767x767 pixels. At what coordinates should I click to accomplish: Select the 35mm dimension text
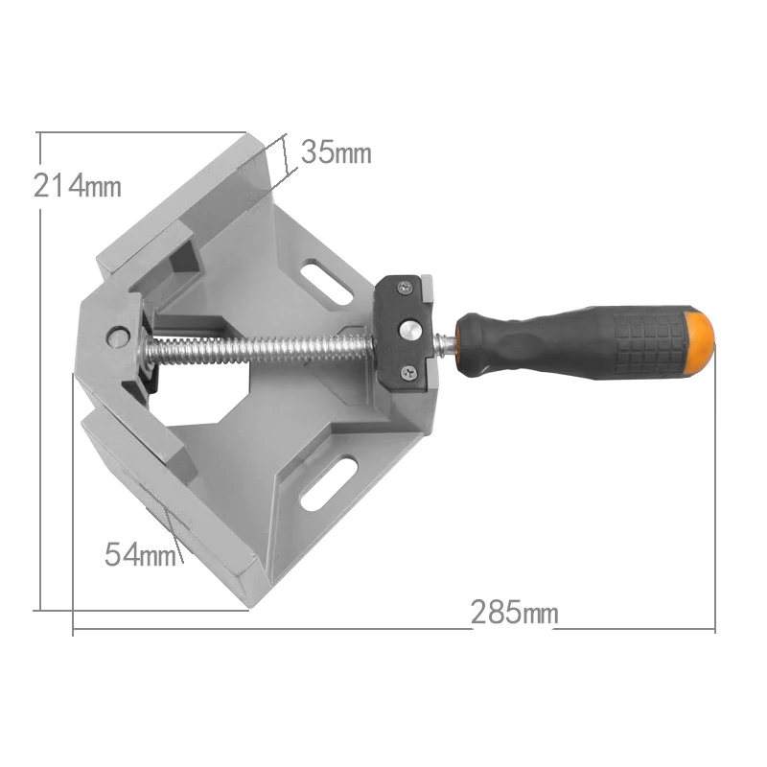coord(335,151)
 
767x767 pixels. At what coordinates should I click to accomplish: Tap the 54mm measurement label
coord(140,554)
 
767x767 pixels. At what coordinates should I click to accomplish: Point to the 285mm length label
coord(513,612)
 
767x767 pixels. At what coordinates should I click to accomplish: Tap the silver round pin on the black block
coord(411,330)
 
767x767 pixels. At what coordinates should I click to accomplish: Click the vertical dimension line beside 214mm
coord(40,383)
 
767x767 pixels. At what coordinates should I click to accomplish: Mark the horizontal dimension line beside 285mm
coord(288,631)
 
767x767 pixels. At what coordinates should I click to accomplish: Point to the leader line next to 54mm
coord(173,527)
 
